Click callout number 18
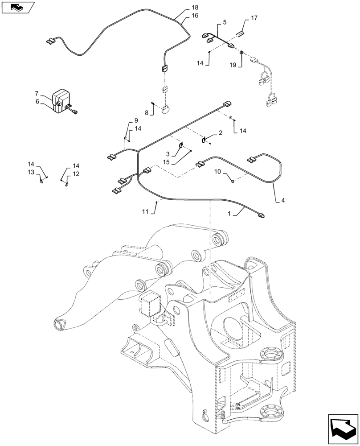[194, 8]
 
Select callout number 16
[194, 16]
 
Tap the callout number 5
[224, 22]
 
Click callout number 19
[233, 65]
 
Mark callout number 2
[220, 133]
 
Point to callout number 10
[218, 171]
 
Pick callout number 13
[31, 172]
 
